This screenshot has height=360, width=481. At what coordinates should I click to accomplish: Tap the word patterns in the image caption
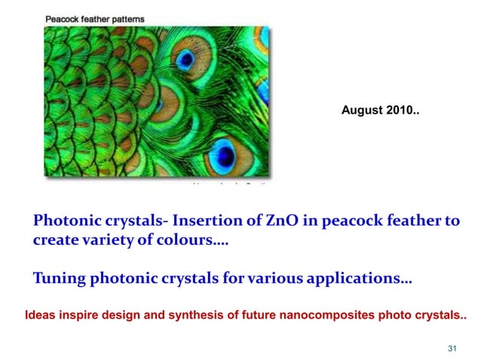click(x=127, y=19)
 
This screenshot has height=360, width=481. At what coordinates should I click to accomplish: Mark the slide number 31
click(x=452, y=348)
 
